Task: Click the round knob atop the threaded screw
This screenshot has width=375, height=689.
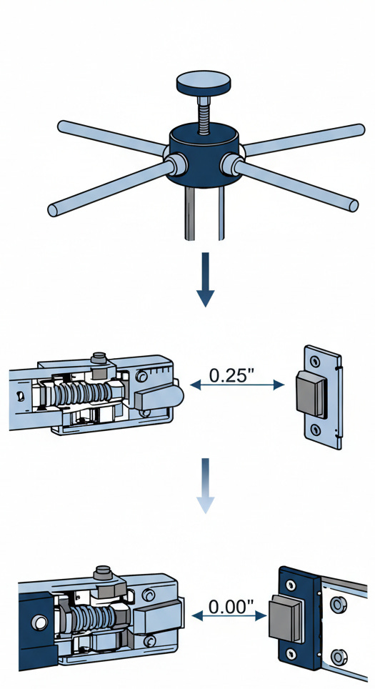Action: click(204, 83)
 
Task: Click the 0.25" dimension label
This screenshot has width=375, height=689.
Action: click(232, 375)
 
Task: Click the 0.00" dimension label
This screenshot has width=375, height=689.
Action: click(231, 607)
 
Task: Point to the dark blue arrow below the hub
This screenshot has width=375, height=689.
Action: click(205, 279)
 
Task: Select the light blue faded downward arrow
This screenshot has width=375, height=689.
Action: click(205, 485)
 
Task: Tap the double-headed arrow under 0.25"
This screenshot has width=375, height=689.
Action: click(237, 385)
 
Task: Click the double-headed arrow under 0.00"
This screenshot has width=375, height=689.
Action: click(229, 616)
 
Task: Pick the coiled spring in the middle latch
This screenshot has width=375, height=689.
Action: click(83, 393)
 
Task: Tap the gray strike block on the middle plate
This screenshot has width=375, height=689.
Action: click(311, 393)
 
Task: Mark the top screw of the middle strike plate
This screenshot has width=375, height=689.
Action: click(314, 361)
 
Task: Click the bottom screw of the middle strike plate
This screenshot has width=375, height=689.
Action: click(315, 430)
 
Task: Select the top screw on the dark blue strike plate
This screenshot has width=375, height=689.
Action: click(291, 585)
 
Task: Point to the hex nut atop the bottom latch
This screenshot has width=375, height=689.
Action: click(108, 590)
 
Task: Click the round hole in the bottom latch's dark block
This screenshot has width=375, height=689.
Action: click(39, 623)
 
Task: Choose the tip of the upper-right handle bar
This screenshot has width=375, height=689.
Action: click(361, 129)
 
